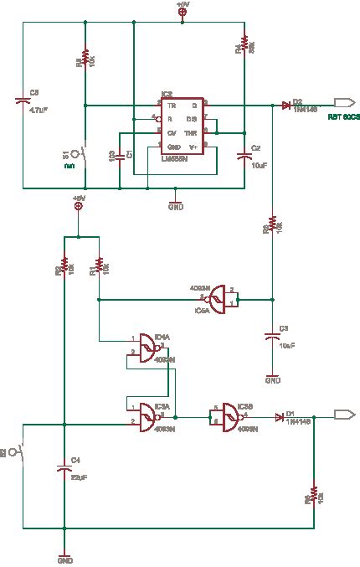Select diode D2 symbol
[286, 106]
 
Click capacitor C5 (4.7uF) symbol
[23, 101]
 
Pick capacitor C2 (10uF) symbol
[244, 156]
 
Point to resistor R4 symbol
[244, 43]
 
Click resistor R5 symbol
[85, 60]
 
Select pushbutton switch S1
[80, 154]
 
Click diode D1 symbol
[280, 415]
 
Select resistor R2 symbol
[64, 269]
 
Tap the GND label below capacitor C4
[64, 559]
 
